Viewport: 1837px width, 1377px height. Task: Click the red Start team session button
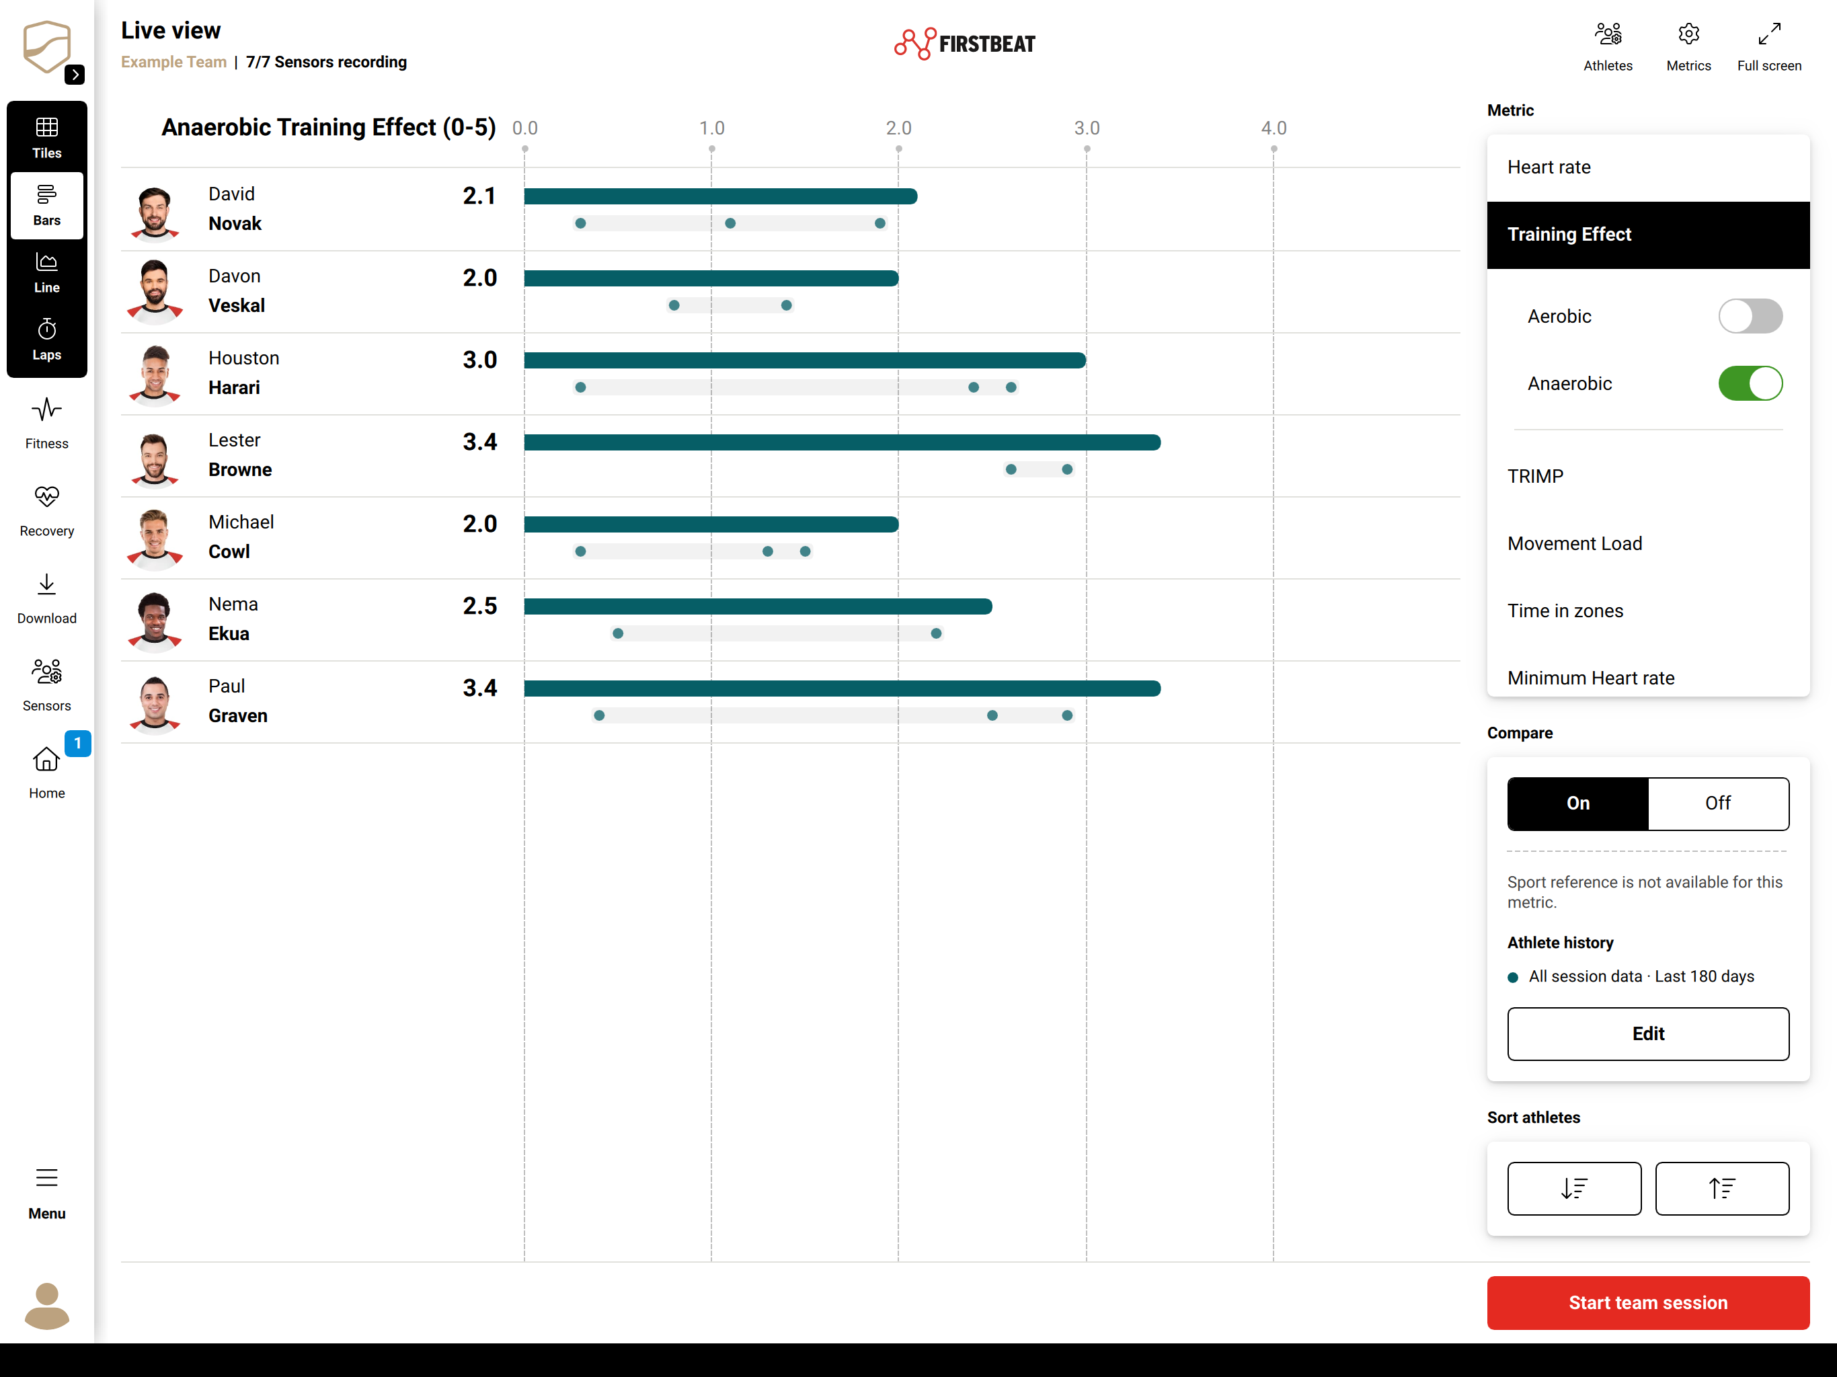(x=1647, y=1302)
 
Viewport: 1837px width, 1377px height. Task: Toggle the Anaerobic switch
(x=1750, y=384)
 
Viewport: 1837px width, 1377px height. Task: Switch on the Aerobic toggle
(x=1750, y=317)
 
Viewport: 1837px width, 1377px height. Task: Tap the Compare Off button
(x=1718, y=803)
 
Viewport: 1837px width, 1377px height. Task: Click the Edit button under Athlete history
(x=1647, y=1033)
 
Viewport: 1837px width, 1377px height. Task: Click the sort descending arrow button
(x=1573, y=1189)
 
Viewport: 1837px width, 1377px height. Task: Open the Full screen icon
(x=1769, y=35)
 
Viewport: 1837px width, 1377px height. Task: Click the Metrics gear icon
(x=1688, y=35)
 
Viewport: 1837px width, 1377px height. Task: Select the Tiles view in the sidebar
(x=46, y=137)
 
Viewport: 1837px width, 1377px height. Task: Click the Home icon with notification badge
(x=46, y=759)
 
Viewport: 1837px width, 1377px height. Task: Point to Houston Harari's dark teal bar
(x=805, y=360)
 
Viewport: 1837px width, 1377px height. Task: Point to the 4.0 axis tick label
(x=1273, y=128)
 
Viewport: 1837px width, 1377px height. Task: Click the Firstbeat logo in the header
(x=965, y=43)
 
